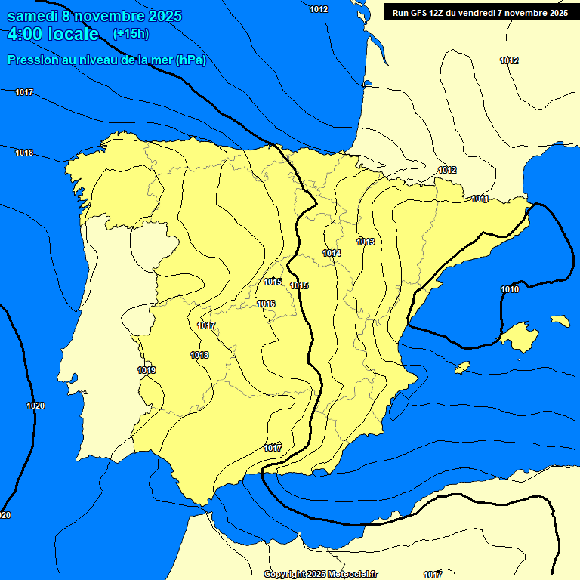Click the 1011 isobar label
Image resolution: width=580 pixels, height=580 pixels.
[480, 199]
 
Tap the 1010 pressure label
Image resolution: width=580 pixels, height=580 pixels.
[510, 289]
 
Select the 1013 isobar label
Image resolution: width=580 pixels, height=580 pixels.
[366, 242]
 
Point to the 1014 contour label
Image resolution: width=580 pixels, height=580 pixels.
[332, 253]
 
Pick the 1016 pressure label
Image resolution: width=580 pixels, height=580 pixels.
[266, 304]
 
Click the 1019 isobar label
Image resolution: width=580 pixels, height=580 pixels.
[147, 370]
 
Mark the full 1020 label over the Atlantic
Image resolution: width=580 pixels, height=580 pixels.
[35, 406]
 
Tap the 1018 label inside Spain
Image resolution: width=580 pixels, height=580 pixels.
[199, 355]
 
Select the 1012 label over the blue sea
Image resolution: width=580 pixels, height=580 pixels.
[319, 9]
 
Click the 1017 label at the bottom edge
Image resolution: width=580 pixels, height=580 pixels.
[433, 575]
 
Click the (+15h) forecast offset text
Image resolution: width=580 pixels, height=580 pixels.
[131, 34]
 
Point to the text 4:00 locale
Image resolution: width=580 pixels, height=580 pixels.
[53, 34]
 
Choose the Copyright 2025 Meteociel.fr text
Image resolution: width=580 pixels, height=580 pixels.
[320, 575]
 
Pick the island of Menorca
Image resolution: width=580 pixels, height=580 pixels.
[560, 321]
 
